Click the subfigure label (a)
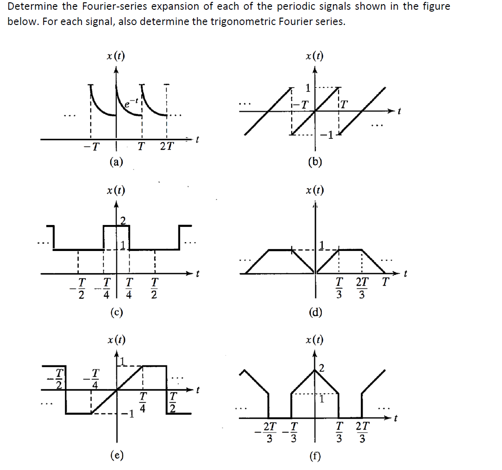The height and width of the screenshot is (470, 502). click(116, 161)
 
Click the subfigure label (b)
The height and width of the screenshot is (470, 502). click(315, 161)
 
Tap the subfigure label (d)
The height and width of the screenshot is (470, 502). click(315, 312)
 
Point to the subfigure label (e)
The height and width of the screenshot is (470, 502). click(116, 456)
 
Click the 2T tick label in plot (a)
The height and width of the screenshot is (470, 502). click(167, 146)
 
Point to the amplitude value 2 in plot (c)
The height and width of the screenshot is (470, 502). click(123, 220)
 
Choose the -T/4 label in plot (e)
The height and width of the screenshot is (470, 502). click(94, 378)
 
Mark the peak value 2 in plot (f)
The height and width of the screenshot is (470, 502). click(321, 369)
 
